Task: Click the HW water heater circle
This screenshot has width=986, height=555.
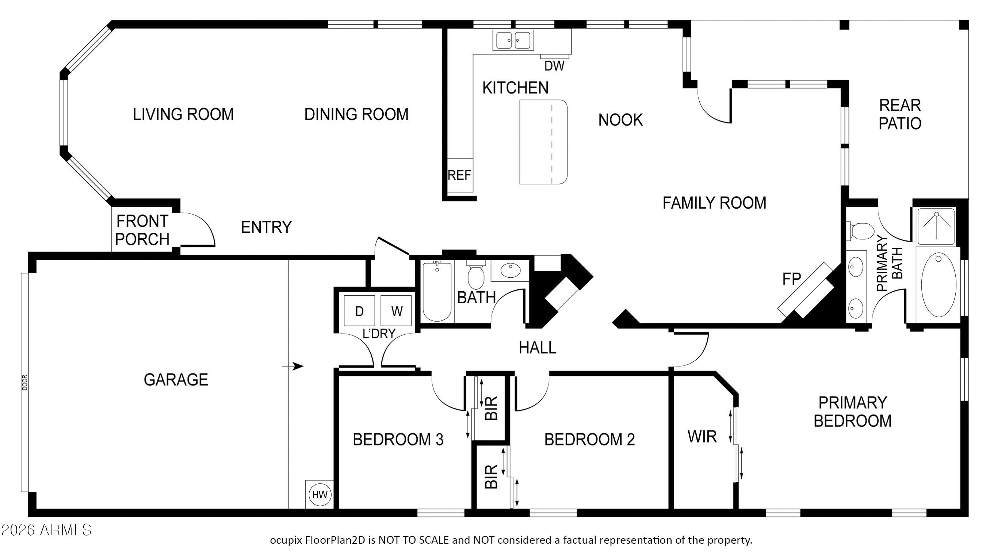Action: pyautogui.click(x=320, y=494)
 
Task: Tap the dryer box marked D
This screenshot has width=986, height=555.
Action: pyautogui.click(x=359, y=311)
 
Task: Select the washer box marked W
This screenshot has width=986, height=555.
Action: pyautogui.click(x=396, y=311)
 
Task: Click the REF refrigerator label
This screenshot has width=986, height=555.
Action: pyautogui.click(x=459, y=175)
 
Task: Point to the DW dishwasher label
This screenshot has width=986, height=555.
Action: pyautogui.click(x=554, y=66)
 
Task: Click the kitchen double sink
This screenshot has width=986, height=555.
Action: pyautogui.click(x=513, y=40)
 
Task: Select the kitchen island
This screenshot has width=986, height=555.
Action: pyautogui.click(x=543, y=142)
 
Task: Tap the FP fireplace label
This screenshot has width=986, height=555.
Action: pyautogui.click(x=792, y=279)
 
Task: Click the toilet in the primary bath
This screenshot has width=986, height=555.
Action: pyautogui.click(x=861, y=231)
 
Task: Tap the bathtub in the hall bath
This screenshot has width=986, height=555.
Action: pyautogui.click(x=437, y=291)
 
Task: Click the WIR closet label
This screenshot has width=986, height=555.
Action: pyautogui.click(x=702, y=436)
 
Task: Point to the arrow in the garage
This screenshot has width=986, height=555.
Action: pyautogui.click(x=293, y=366)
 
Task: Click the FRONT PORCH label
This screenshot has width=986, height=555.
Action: pyautogui.click(x=142, y=230)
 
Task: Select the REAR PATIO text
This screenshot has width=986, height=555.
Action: pyautogui.click(x=900, y=114)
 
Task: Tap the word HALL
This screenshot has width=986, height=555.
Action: pyautogui.click(x=538, y=348)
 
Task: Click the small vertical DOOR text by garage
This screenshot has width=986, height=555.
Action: pyautogui.click(x=25, y=382)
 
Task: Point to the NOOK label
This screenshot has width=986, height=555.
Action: pyautogui.click(x=620, y=120)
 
